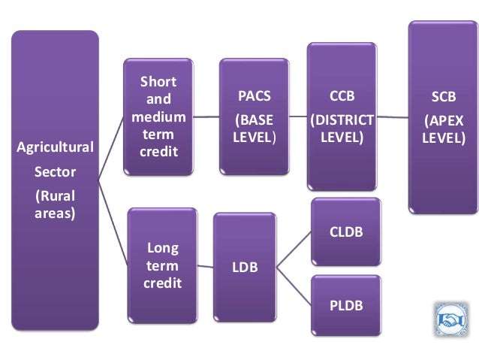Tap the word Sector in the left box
coord(56,172)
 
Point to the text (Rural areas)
coord(56,205)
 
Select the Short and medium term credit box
coord(159,116)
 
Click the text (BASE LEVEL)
coord(254,129)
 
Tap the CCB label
coord(342,97)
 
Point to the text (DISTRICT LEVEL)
coord(342,129)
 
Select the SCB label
coord(442,99)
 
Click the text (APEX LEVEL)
coord(442,129)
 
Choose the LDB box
coord(243,267)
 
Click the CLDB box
coord(346,232)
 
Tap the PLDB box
coord(346,305)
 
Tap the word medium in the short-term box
coord(159,117)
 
